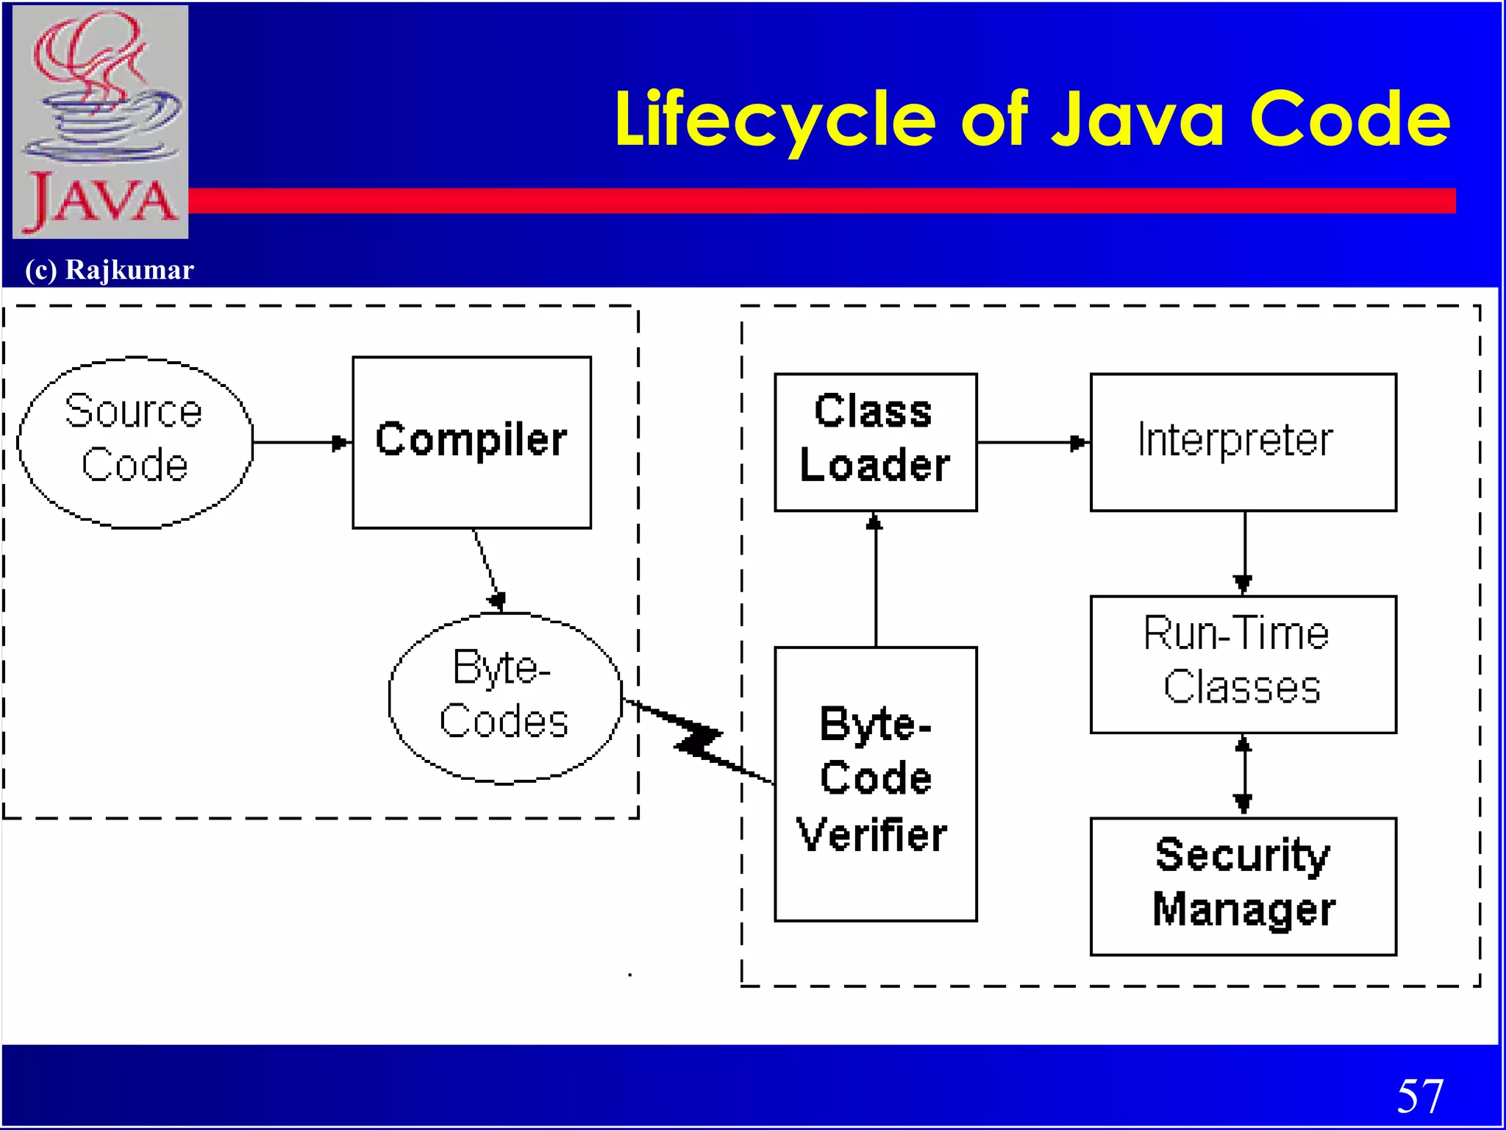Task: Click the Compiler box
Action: point(471,442)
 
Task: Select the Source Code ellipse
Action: point(135,442)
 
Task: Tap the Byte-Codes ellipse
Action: point(504,697)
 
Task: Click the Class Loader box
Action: point(875,442)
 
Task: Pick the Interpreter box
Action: point(1243,442)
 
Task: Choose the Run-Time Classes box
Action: point(1243,664)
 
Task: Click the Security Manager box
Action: point(1243,886)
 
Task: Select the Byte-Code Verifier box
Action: point(875,783)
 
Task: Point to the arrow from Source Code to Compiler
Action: point(301,443)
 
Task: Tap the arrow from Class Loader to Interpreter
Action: point(1032,443)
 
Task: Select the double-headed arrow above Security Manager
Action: point(1243,775)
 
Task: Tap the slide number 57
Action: point(1419,1096)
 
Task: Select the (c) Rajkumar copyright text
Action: point(110,270)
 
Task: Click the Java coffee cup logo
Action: point(101,121)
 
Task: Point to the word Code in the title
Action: point(1349,119)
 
